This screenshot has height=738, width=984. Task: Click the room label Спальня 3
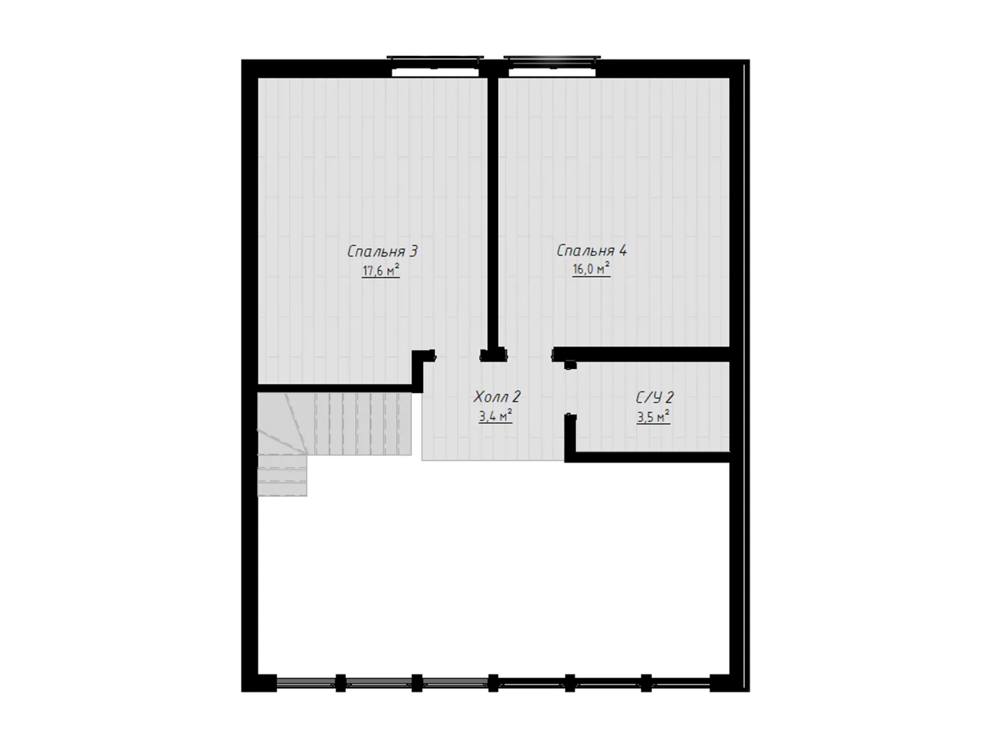(x=383, y=251)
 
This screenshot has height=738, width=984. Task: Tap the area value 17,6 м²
(x=381, y=271)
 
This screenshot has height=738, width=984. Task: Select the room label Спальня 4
(x=592, y=251)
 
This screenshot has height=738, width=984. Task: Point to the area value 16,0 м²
(x=591, y=269)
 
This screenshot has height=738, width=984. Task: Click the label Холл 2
(x=497, y=396)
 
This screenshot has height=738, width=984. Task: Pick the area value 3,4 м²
(x=495, y=416)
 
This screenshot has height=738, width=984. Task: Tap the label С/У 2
(x=655, y=398)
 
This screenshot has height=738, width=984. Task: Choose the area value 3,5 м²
(x=654, y=417)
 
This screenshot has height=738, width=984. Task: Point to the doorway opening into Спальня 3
(x=457, y=356)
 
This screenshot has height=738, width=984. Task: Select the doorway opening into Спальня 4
(x=530, y=355)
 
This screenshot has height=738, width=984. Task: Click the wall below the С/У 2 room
(x=648, y=457)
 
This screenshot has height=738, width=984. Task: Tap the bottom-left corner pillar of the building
(x=259, y=683)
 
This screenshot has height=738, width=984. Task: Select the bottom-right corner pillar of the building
(x=729, y=683)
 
